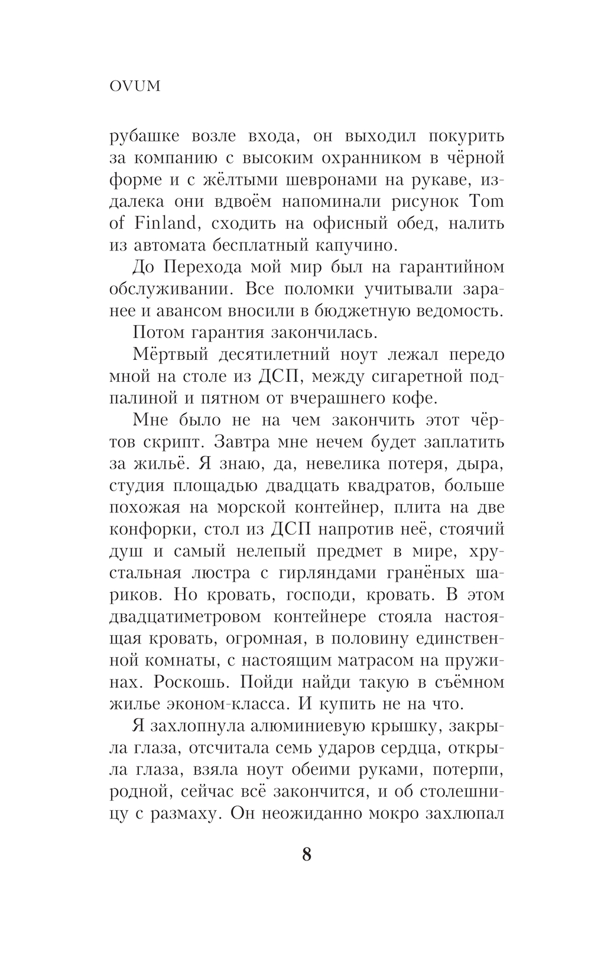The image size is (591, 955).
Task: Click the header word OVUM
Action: [135, 86]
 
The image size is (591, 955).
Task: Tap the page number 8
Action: [306, 855]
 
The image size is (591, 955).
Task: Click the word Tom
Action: [485, 202]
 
